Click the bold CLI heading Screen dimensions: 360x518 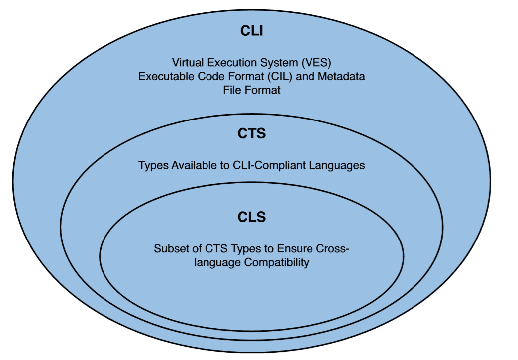[251, 31]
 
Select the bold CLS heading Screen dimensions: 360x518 [251, 217]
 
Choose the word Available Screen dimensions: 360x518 [190, 165]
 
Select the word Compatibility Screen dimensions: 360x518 [277, 262]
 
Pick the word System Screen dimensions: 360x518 [281, 63]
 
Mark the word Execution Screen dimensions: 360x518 [235, 63]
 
